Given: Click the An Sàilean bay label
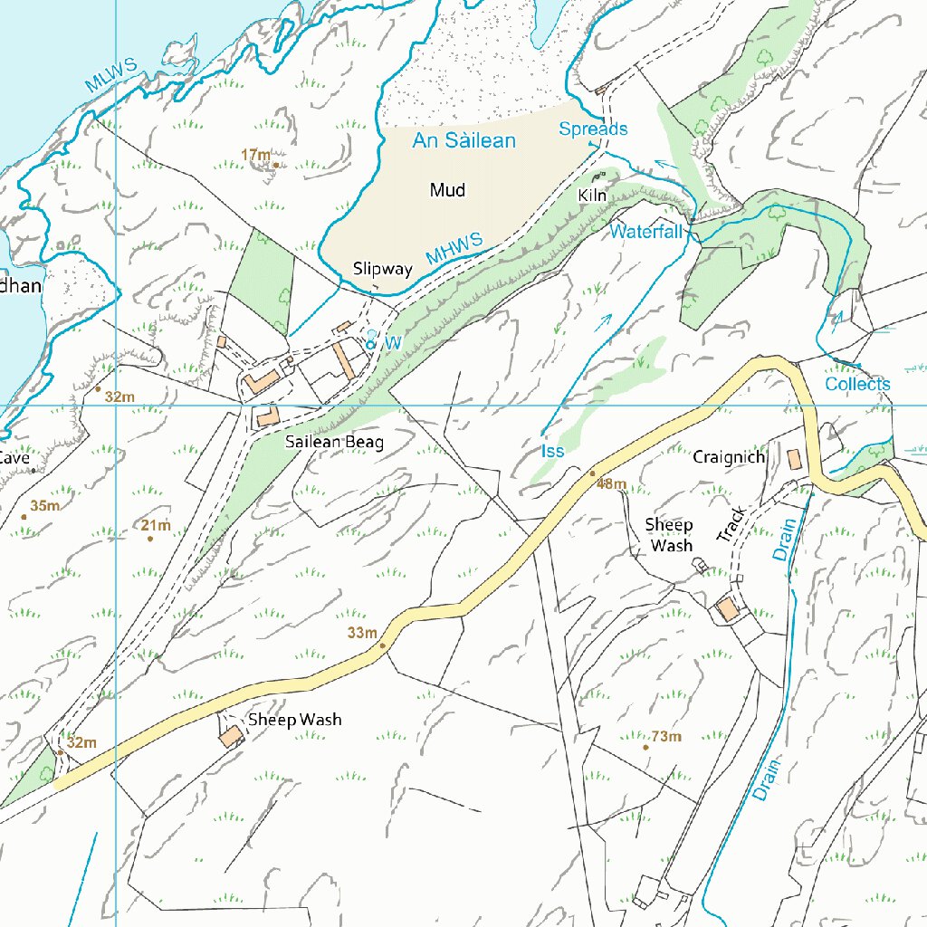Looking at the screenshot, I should pyautogui.click(x=463, y=140).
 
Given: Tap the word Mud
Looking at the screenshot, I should pyautogui.click(x=447, y=190).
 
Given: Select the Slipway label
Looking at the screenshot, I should pyautogui.click(x=382, y=269).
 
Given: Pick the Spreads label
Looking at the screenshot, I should pyautogui.click(x=593, y=129).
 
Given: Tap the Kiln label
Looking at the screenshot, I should pyautogui.click(x=591, y=196).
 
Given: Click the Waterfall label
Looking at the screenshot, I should pyautogui.click(x=645, y=232).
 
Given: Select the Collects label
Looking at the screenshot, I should pyautogui.click(x=857, y=384).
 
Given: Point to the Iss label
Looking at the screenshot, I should pyautogui.click(x=552, y=451).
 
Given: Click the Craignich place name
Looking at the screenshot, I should pyautogui.click(x=729, y=457).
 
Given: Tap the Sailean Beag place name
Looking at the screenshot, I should pyautogui.click(x=334, y=443).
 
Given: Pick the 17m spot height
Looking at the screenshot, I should pyautogui.click(x=256, y=156).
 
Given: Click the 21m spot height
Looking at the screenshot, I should pyautogui.click(x=156, y=526).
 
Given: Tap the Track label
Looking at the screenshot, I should pyautogui.click(x=731, y=525).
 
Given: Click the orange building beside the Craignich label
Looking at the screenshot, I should pyautogui.click(x=794, y=459).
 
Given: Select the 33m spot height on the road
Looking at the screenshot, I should pyautogui.click(x=362, y=633).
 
